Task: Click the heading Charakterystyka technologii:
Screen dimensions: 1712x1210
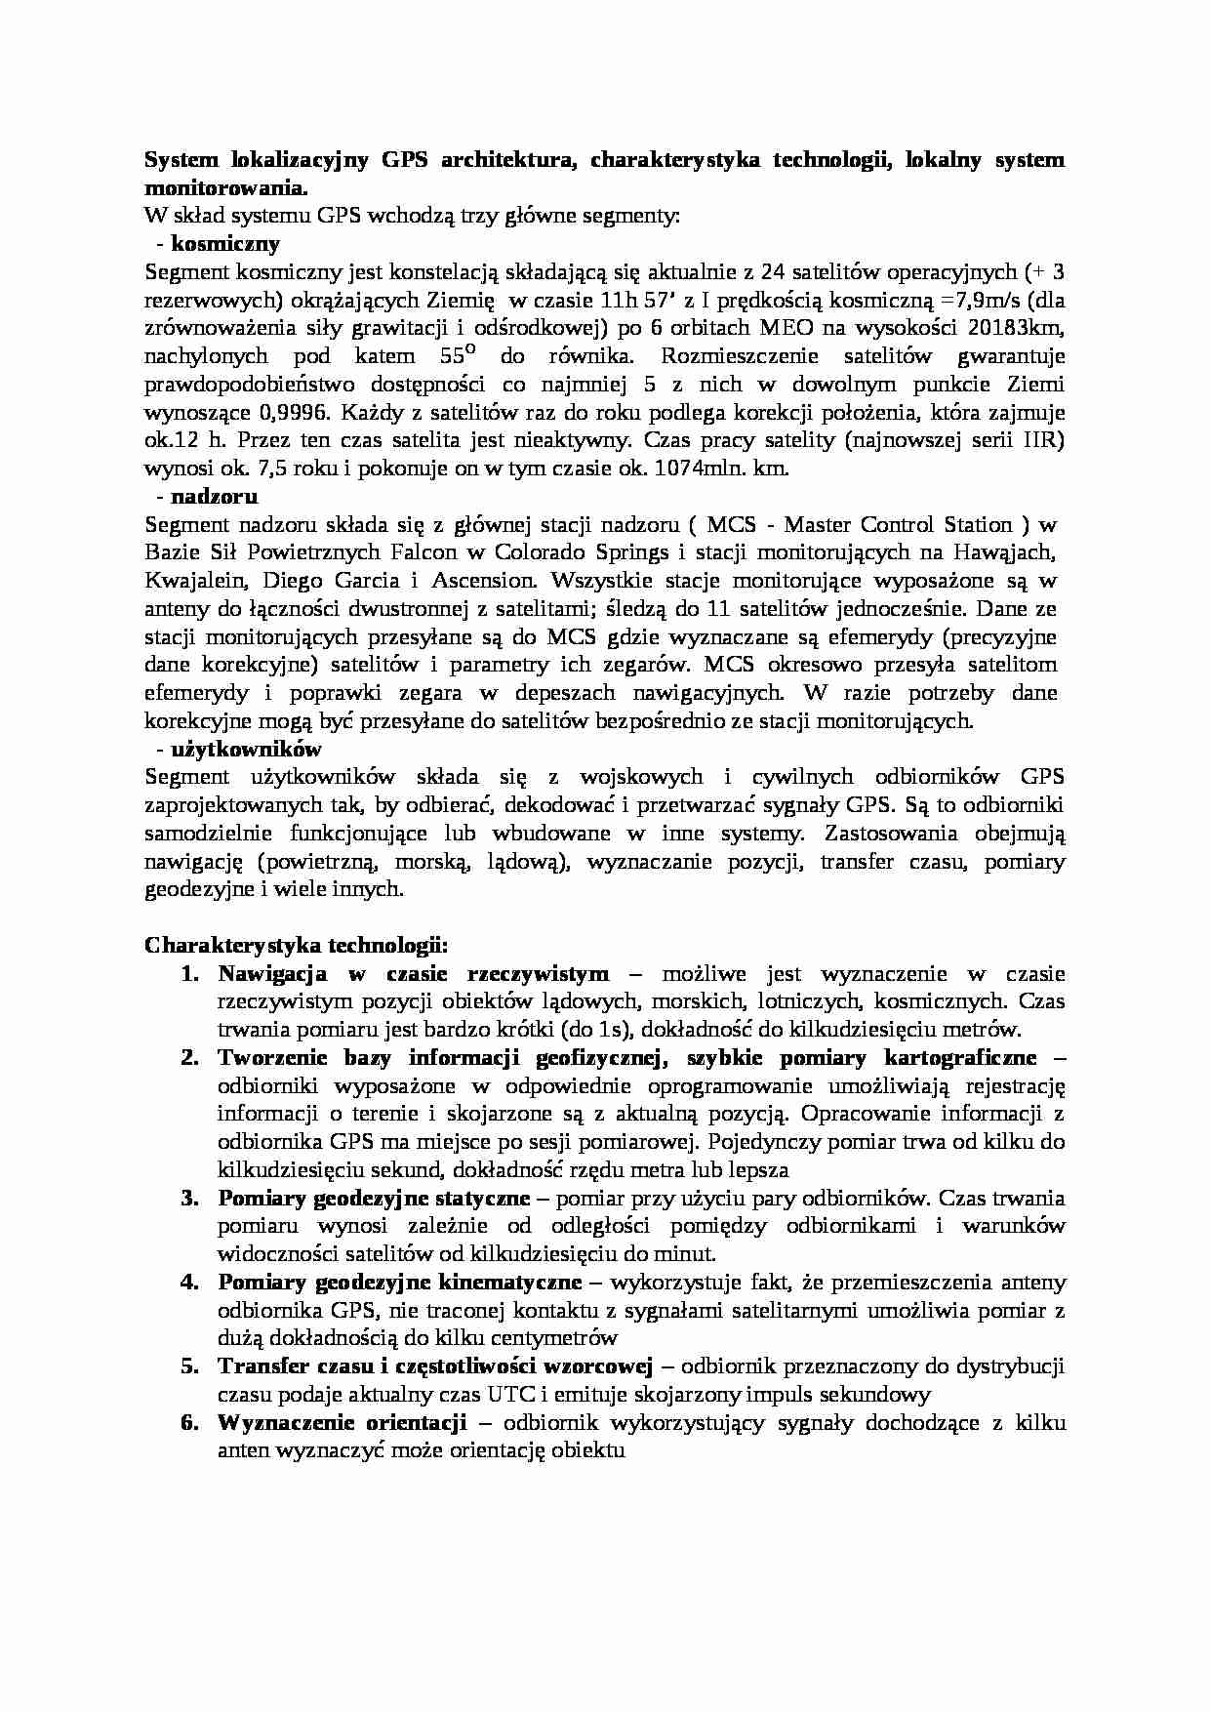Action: (297, 945)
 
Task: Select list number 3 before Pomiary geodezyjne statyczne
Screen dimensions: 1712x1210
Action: (190, 1198)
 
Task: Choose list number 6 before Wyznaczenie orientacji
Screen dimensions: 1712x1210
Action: (190, 1422)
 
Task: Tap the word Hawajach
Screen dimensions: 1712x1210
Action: (1006, 551)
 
